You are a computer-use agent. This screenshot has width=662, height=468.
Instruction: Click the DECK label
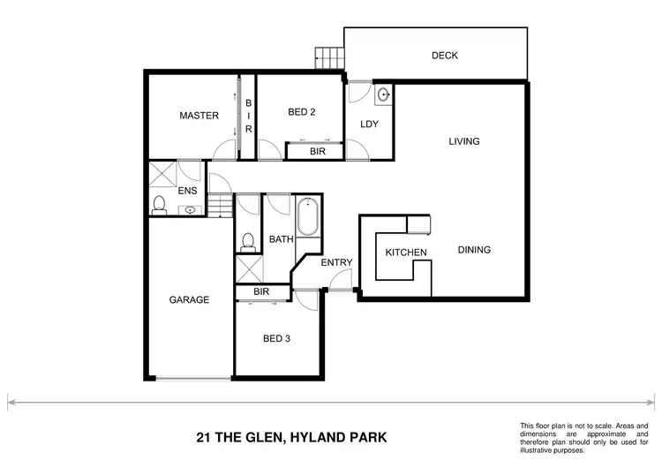point(444,56)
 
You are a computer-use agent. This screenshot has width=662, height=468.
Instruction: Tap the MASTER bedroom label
point(199,116)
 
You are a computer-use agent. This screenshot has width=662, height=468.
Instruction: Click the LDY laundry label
point(369,125)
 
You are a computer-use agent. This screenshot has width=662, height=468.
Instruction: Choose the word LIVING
point(463,141)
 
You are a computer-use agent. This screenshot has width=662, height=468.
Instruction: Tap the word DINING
point(474,250)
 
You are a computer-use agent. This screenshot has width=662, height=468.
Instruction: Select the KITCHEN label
point(406,253)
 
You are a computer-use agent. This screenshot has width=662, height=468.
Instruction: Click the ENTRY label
point(336,262)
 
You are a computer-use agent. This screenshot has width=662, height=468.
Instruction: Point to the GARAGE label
point(189,300)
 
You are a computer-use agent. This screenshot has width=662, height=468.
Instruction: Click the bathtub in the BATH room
point(308,219)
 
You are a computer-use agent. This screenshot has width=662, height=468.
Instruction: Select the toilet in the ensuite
point(159,206)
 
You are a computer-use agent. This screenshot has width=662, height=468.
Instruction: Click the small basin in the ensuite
point(191,210)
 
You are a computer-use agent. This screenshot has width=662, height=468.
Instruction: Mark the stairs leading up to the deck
point(330,58)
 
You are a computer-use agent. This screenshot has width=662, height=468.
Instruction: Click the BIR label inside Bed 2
point(315,152)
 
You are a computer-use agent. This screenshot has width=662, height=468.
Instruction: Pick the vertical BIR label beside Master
point(248,117)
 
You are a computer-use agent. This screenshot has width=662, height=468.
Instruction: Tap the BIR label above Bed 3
point(260,291)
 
